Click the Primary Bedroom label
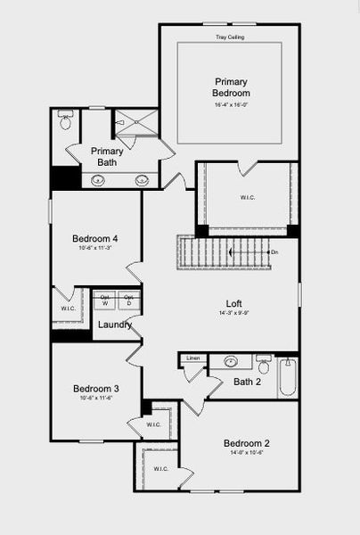tap(231, 86)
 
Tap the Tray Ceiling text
tap(230, 37)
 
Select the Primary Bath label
tap(107, 156)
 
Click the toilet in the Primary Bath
tap(65, 121)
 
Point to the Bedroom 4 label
tap(95, 238)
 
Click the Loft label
tap(233, 303)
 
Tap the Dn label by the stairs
tap(274, 252)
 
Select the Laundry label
tap(114, 325)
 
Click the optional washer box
tap(104, 300)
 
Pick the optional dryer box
tap(128, 300)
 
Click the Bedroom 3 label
tap(95, 389)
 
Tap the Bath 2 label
tap(246, 383)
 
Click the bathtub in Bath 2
tap(287, 377)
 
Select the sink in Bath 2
tap(231, 362)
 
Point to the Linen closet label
tap(192, 358)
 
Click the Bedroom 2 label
tap(246, 443)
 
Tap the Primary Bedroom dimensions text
tap(231, 105)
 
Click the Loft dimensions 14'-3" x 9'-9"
tap(233, 314)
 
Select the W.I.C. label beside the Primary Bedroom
tap(248, 198)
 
